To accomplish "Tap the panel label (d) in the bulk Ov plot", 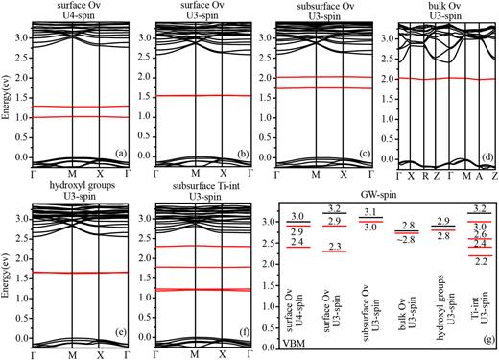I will (x=485, y=152).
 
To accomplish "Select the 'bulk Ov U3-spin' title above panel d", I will (x=444, y=12).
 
